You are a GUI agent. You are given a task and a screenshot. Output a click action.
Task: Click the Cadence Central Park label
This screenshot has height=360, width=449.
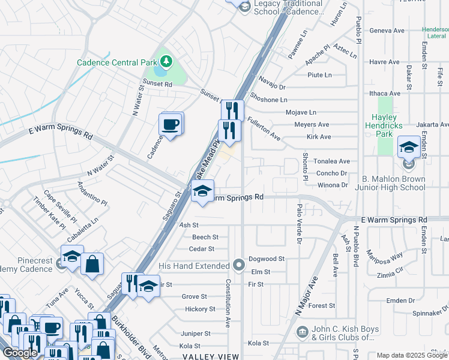pos(116,62)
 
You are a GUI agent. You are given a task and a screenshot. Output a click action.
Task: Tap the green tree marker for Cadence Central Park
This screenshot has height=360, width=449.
pos(166,61)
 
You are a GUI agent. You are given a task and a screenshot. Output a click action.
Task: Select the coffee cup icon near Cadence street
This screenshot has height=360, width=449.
pos(170,124)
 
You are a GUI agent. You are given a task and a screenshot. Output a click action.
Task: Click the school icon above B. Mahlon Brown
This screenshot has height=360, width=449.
pos(408,147)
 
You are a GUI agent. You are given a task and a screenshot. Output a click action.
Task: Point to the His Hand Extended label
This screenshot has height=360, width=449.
pos(194,265)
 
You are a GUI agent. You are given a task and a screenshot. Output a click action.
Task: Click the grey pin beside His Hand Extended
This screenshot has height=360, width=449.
pos(240,265)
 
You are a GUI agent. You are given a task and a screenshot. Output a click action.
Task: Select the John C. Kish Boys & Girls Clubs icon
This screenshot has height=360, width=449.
pos(302,331)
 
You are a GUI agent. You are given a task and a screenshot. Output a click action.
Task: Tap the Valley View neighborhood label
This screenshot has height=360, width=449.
pos(207,356)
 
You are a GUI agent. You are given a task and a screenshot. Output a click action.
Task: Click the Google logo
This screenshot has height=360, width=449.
pos(20,353)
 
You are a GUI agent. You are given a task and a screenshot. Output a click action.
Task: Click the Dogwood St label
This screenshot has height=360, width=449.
pos(267,259)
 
